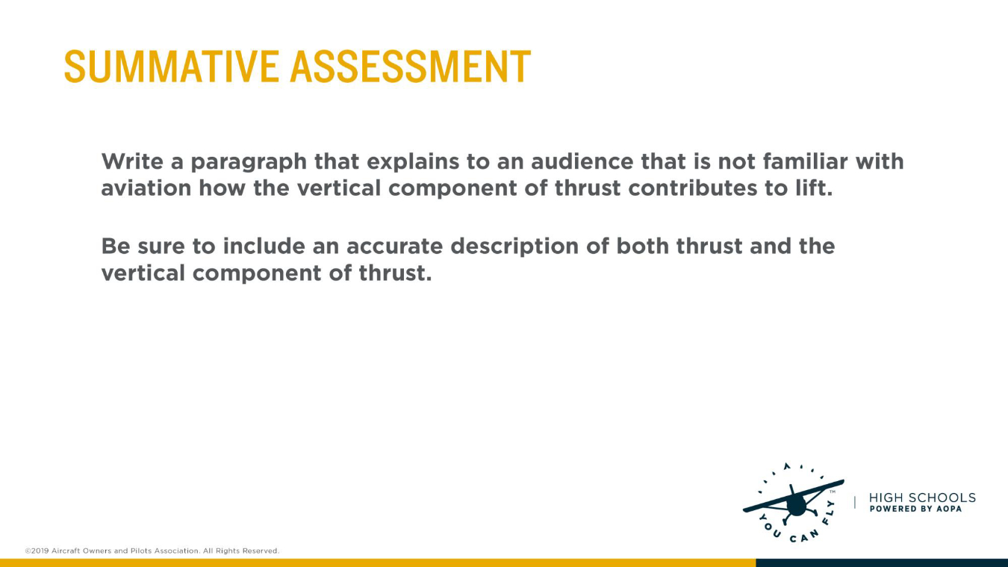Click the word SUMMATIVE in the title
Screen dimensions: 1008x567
172,66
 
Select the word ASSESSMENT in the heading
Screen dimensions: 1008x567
411,66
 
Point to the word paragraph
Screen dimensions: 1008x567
249,163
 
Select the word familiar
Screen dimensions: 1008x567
805,161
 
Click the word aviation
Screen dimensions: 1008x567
146,188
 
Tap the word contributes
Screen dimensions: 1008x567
693,188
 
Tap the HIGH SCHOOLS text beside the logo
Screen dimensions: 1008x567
922,498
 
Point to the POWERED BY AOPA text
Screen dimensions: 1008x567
915,509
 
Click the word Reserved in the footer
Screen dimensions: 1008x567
261,551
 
